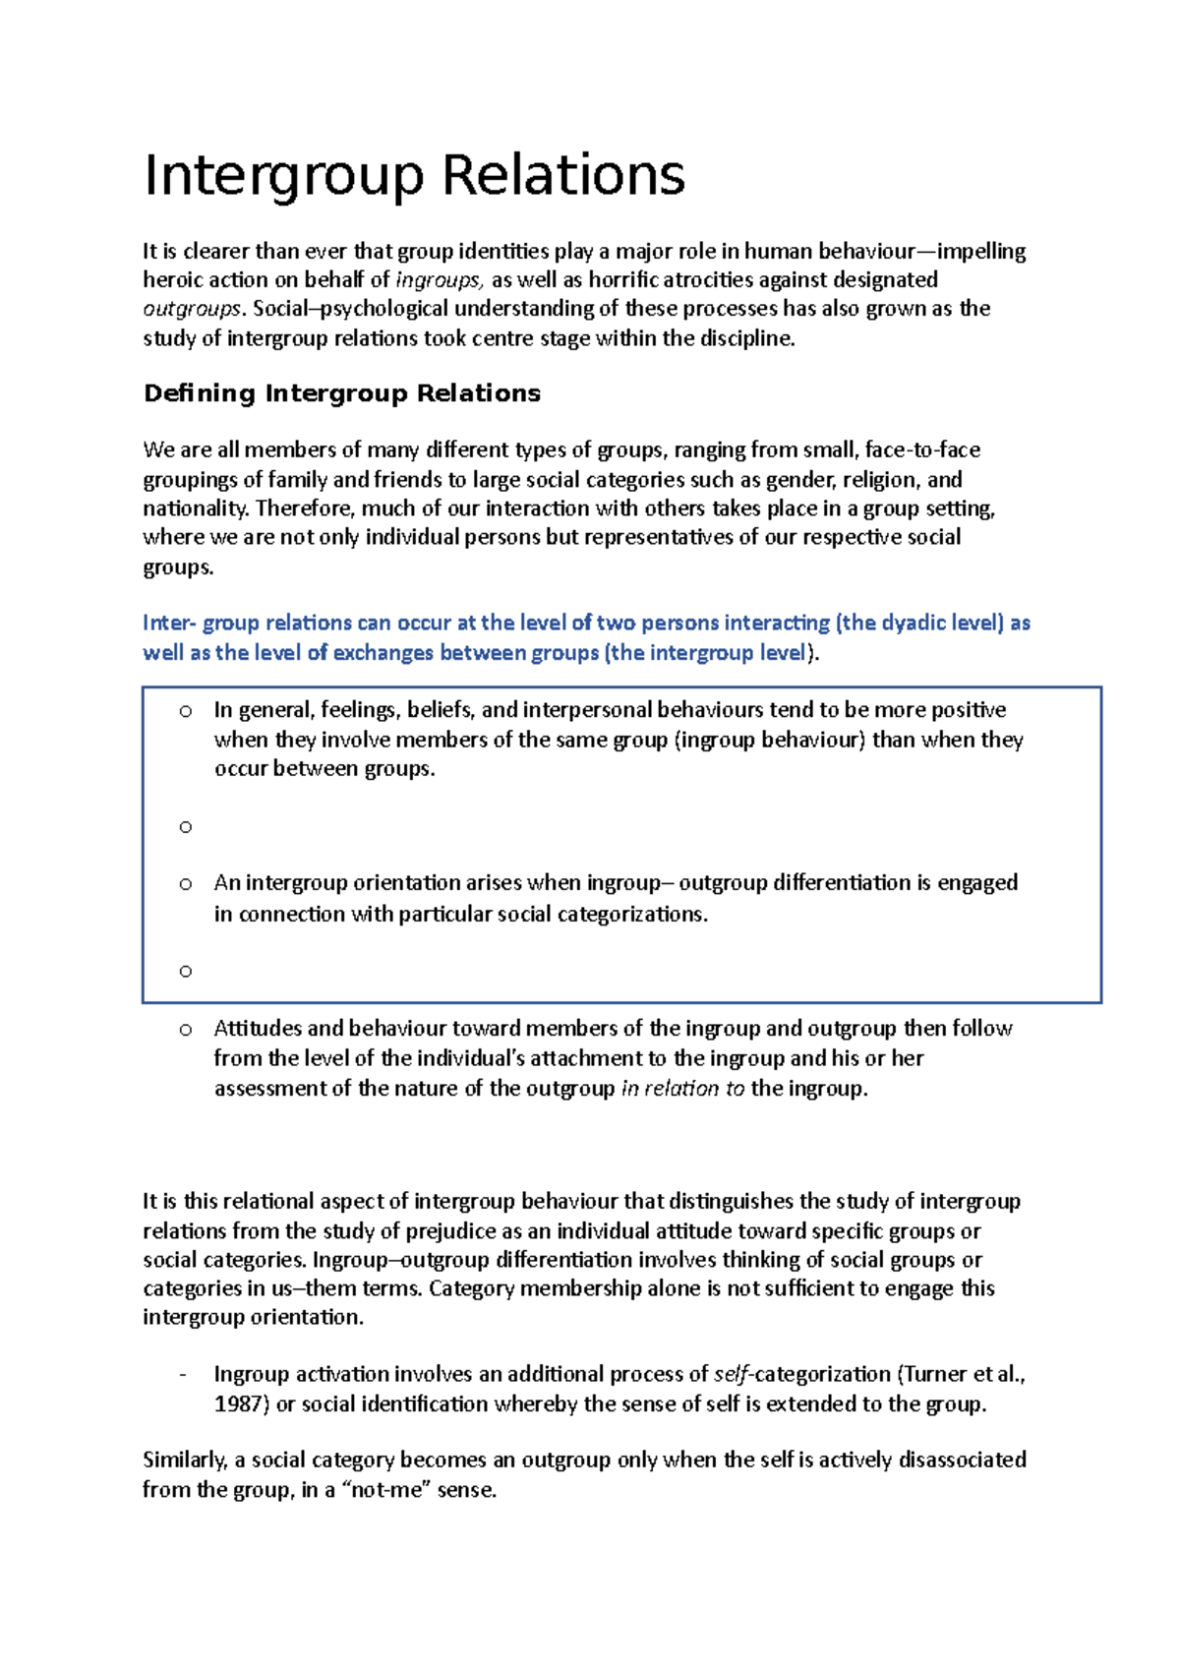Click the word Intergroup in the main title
point(284,176)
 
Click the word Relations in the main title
point(562,176)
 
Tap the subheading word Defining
point(200,393)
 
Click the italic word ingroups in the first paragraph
point(439,280)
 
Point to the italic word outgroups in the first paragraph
point(192,309)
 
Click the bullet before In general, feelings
point(185,710)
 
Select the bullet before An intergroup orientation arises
point(185,884)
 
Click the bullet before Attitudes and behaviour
point(185,1030)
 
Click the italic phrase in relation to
point(682,1089)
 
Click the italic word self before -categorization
point(731,1375)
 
